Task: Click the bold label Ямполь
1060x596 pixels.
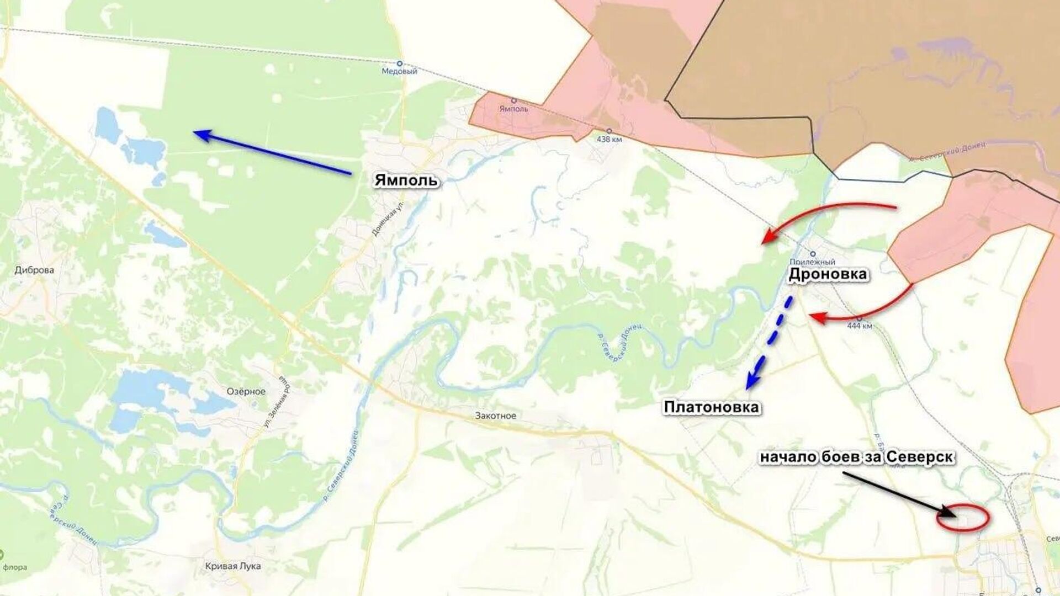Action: [x=406, y=180]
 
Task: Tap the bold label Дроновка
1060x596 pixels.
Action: [x=828, y=274]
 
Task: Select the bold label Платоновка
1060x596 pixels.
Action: [x=712, y=407]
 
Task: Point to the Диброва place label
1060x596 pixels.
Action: [x=34, y=270]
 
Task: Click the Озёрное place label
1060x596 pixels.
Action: [x=246, y=391]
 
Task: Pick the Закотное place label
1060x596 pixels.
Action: [x=495, y=416]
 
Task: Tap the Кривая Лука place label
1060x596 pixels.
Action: [x=232, y=566]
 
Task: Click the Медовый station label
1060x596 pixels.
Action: [x=400, y=71]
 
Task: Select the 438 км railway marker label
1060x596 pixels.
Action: [x=609, y=139]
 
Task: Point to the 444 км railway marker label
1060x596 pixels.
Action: [x=860, y=326]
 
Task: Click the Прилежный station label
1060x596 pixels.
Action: [x=812, y=262]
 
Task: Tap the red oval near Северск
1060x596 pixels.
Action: [x=962, y=519]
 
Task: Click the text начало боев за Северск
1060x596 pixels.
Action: [x=857, y=457]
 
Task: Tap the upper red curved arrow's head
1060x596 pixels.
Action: [x=765, y=240]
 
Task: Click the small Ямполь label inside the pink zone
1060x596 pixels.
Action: [x=513, y=109]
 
